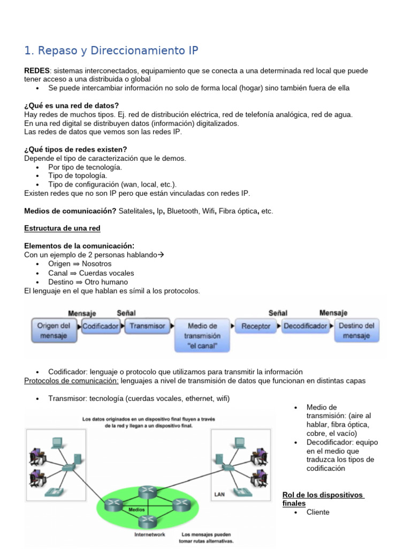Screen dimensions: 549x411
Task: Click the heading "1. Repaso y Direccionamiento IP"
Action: [111, 51]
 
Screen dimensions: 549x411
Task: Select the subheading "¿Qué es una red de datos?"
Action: [72, 106]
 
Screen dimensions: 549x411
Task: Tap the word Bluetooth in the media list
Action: [182, 211]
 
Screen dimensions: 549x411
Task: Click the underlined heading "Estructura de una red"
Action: [62, 228]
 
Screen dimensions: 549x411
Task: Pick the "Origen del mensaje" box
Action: [54, 330]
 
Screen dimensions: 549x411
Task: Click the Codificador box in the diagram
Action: [101, 326]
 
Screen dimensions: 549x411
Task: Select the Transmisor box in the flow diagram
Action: [148, 326]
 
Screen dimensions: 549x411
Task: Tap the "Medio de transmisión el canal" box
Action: [203, 336]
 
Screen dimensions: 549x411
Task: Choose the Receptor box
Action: [256, 326]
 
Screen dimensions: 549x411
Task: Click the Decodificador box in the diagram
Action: [306, 326]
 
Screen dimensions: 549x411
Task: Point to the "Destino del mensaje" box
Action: [356, 330]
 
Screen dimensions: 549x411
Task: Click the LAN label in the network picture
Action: [219, 494]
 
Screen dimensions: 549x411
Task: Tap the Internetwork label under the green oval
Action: [150, 534]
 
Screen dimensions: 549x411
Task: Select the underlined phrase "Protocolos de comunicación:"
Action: [72, 381]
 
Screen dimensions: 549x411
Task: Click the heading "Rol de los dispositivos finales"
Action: [323, 499]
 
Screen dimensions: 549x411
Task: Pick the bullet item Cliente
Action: [318, 512]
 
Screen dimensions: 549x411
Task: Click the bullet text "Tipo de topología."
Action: [78, 175]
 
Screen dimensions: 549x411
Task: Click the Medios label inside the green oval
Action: [136, 509]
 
